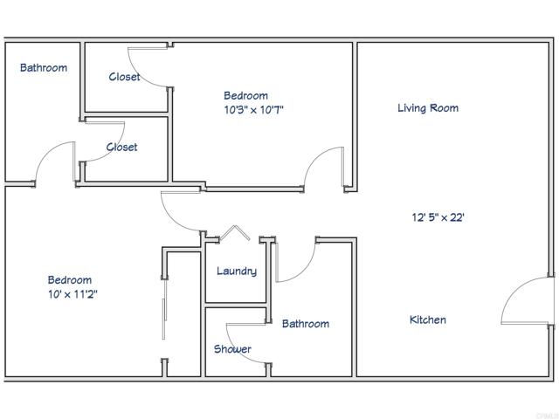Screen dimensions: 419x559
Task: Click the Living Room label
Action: (x=428, y=108)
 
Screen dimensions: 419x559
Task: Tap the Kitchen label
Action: (x=428, y=320)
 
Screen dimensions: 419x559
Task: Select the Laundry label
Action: (x=237, y=271)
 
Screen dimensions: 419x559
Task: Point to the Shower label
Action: (x=232, y=349)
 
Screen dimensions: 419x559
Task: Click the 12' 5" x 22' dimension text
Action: (x=438, y=218)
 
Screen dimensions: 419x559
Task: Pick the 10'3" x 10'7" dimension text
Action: (x=253, y=110)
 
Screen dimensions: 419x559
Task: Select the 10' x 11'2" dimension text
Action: (x=72, y=294)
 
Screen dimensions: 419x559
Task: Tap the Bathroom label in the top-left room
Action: (x=44, y=67)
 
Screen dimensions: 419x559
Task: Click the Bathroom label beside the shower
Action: (x=306, y=324)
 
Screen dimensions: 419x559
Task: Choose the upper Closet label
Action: (x=124, y=77)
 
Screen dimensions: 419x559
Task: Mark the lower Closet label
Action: (x=121, y=148)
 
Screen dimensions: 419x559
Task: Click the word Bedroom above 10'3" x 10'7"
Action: (x=245, y=96)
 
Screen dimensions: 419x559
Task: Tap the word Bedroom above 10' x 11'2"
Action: (x=69, y=280)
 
